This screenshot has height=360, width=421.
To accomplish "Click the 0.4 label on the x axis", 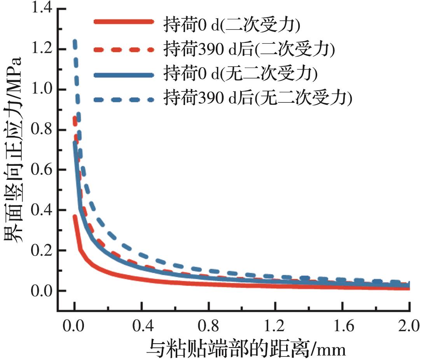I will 141,324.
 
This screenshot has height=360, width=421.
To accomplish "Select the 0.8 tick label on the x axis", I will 208,324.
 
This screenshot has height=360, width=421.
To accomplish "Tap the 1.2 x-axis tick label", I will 276,324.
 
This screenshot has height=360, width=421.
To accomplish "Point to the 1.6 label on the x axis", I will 342,324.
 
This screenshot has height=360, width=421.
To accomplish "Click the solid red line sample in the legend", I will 124,22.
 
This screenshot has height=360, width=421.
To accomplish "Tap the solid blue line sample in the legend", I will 124,74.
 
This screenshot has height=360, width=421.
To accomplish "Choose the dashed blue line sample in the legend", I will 124,100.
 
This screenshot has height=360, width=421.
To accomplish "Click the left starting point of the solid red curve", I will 75,216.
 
